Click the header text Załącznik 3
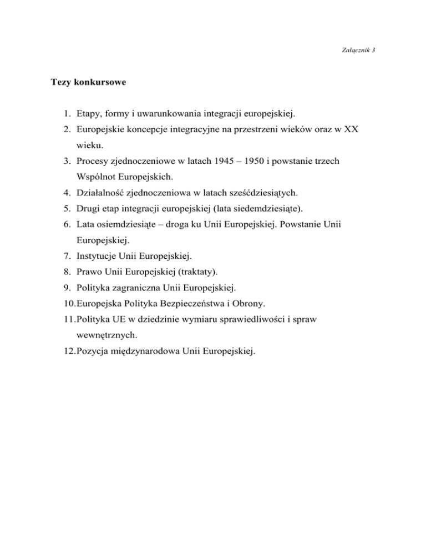click(x=360, y=50)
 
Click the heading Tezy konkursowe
click(x=89, y=83)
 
